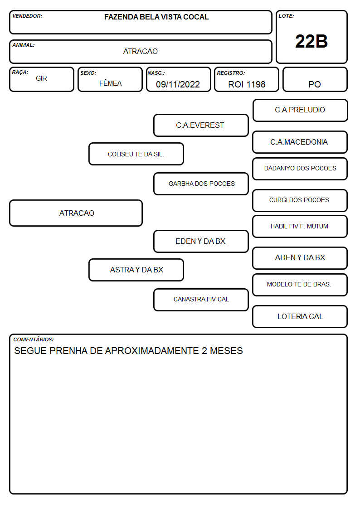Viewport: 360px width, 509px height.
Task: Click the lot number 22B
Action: pos(311,41)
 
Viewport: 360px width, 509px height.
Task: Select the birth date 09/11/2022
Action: pos(178,84)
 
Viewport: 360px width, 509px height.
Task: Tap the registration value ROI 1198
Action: pos(247,84)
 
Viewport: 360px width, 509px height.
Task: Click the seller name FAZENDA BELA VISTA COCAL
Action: pos(156,17)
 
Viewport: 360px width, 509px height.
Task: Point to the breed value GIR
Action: pos(42,78)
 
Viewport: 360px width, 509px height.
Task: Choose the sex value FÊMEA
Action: pos(110,83)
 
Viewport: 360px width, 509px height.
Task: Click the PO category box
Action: pos(315,79)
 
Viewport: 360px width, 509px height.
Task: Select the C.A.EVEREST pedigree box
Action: pos(201,125)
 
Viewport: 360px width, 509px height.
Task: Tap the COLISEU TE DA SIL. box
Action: pos(136,154)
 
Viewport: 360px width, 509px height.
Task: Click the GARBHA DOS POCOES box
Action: pos(201,184)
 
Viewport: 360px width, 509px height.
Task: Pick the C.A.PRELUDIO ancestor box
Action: pos(300,111)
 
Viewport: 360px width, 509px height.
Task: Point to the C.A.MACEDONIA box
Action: pos(300,142)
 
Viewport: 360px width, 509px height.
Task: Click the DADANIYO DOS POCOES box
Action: pos(300,169)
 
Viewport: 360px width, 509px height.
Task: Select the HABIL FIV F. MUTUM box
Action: pos(300,226)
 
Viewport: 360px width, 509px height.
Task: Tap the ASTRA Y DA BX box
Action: pos(136,270)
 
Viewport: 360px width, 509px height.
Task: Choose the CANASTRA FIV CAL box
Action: pos(201,300)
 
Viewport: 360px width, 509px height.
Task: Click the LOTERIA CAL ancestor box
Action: pos(300,316)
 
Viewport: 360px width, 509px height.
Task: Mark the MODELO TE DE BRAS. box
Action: pos(300,285)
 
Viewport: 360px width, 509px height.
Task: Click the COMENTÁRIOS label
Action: pos(34,339)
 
